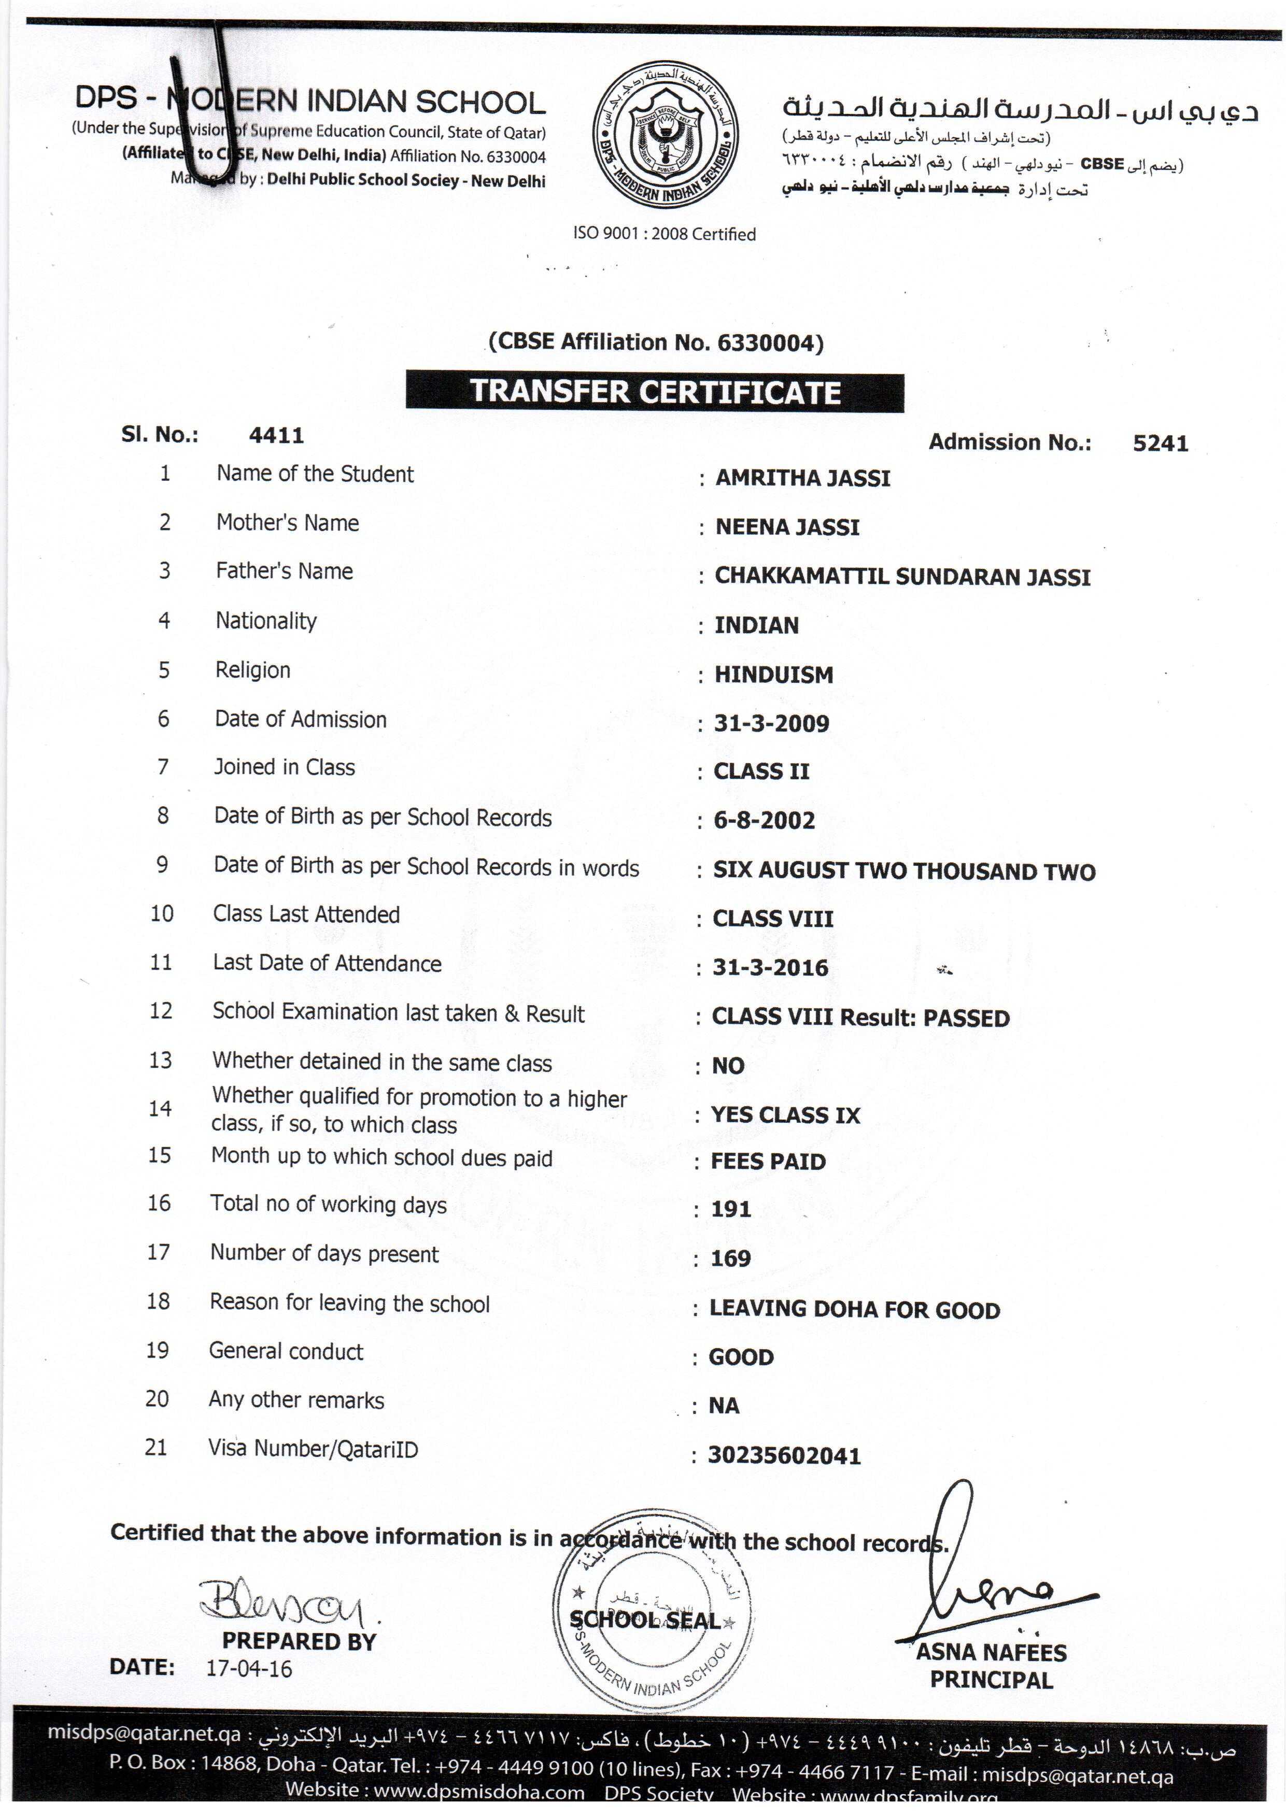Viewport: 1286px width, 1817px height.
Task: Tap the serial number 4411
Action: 276,435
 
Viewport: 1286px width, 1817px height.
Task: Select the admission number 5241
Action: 1160,443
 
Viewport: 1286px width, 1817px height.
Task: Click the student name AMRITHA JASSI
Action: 803,478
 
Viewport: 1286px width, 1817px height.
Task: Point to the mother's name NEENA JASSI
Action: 787,527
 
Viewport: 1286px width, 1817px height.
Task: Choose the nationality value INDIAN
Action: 756,625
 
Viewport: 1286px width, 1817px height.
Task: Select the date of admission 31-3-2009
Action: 771,723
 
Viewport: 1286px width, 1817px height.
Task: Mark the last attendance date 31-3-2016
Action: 770,967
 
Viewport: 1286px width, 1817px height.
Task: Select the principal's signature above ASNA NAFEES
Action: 990,1575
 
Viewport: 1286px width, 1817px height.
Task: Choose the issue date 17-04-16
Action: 249,1669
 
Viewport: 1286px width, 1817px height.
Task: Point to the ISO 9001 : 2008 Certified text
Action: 665,234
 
